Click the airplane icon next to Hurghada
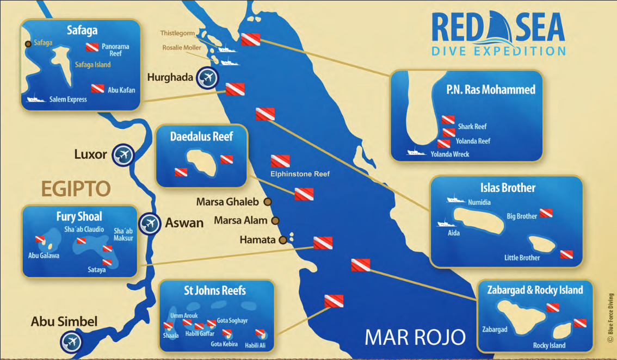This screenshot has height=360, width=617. (x=207, y=77)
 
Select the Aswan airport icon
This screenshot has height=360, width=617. (x=149, y=223)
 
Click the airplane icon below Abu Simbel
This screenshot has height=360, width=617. (x=71, y=342)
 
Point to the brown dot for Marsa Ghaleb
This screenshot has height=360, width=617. (x=267, y=202)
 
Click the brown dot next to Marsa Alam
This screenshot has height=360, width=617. (x=275, y=221)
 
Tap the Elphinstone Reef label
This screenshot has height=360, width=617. (x=300, y=174)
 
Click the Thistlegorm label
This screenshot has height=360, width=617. (x=177, y=33)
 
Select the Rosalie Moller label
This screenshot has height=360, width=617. (x=181, y=48)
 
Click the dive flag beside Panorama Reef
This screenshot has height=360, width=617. (x=92, y=47)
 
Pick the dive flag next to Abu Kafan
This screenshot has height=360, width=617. (x=97, y=88)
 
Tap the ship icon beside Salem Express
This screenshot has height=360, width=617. (x=36, y=100)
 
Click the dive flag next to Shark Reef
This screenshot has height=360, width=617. (x=448, y=120)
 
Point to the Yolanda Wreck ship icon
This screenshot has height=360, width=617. (x=416, y=153)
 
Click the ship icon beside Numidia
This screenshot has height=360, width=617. (x=455, y=200)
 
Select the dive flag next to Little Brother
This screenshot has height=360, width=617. (x=566, y=254)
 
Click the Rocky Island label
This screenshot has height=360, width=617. (x=549, y=345)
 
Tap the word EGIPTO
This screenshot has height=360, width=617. (x=76, y=189)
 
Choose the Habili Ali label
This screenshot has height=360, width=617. (x=256, y=345)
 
